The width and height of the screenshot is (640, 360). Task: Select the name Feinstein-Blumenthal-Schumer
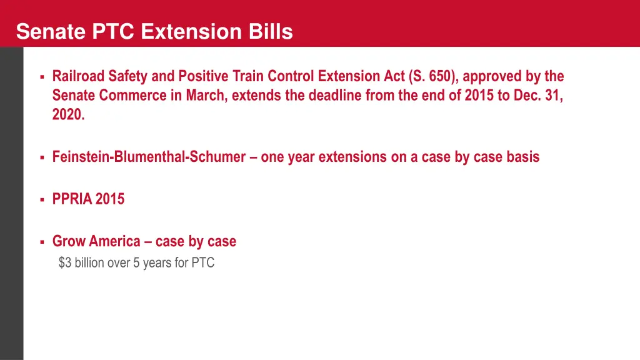point(149,157)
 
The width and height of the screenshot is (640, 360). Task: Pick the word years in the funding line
point(157,263)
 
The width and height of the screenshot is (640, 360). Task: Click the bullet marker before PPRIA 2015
point(41,200)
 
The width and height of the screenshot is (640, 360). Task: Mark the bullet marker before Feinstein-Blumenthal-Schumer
point(41,157)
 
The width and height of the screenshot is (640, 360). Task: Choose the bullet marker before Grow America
point(41,242)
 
